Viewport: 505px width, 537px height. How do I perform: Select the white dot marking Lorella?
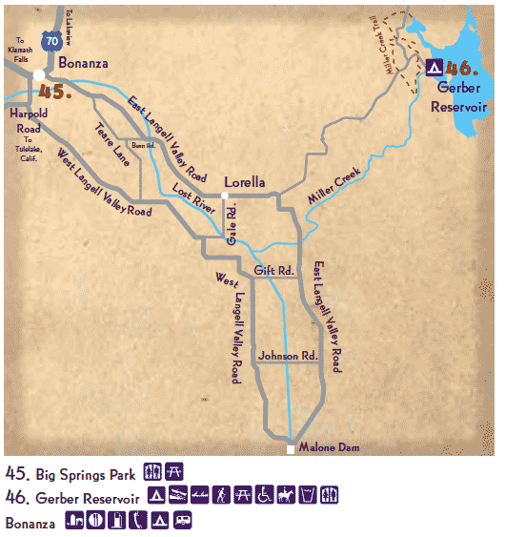[x=224, y=196]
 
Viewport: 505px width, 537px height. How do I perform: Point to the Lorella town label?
[x=243, y=181]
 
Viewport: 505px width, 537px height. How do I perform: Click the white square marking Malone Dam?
[x=291, y=447]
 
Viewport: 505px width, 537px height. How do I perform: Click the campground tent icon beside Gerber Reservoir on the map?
[x=433, y=68]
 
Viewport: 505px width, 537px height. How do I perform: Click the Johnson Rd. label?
[x=287, y=355]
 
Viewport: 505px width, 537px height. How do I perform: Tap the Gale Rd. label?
[x=232, y=226]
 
